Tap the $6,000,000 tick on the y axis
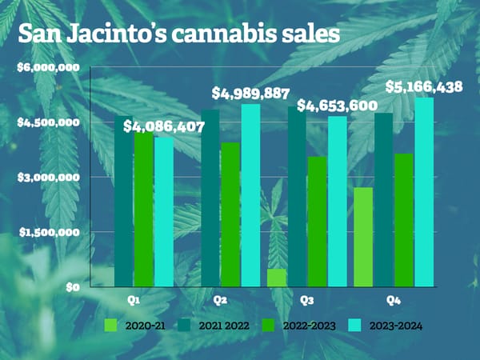tap(48, 67)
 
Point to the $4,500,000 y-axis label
tap(48, 122)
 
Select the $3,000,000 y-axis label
tap(48, 177)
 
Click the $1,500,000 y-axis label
tap(48, 232)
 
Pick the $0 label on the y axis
tap(71, 286)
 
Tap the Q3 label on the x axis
tap(306, 300)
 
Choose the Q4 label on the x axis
tap(393, 300)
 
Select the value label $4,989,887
tap(250, 94)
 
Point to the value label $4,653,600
tap(337, 106)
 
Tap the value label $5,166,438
tap(423, 86)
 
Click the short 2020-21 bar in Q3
tap(277, 278)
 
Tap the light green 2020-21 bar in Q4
tap(363, 237)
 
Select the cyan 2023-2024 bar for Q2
tap(250, 195)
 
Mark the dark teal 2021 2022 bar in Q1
tap(124, 201)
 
